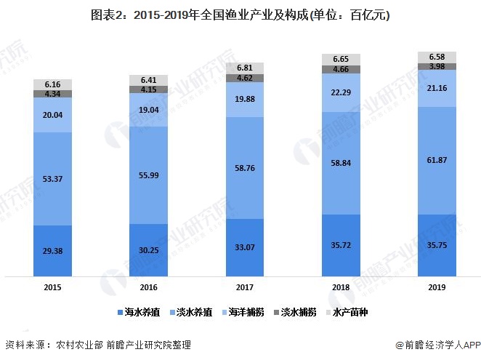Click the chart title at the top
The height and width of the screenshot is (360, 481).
point(240,15)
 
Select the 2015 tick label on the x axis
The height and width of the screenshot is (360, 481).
point(52,287)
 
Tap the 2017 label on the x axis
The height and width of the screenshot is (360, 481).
point(244,287)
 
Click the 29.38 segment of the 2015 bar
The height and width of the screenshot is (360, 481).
point(52,250)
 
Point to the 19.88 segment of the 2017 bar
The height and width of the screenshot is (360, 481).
point(244,100)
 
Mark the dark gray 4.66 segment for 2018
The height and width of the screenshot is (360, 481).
point(340,70)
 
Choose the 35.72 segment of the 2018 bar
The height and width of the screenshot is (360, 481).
point(340,246)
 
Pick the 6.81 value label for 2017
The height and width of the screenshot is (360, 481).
point(244,67)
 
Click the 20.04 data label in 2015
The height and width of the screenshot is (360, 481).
point(52,115)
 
